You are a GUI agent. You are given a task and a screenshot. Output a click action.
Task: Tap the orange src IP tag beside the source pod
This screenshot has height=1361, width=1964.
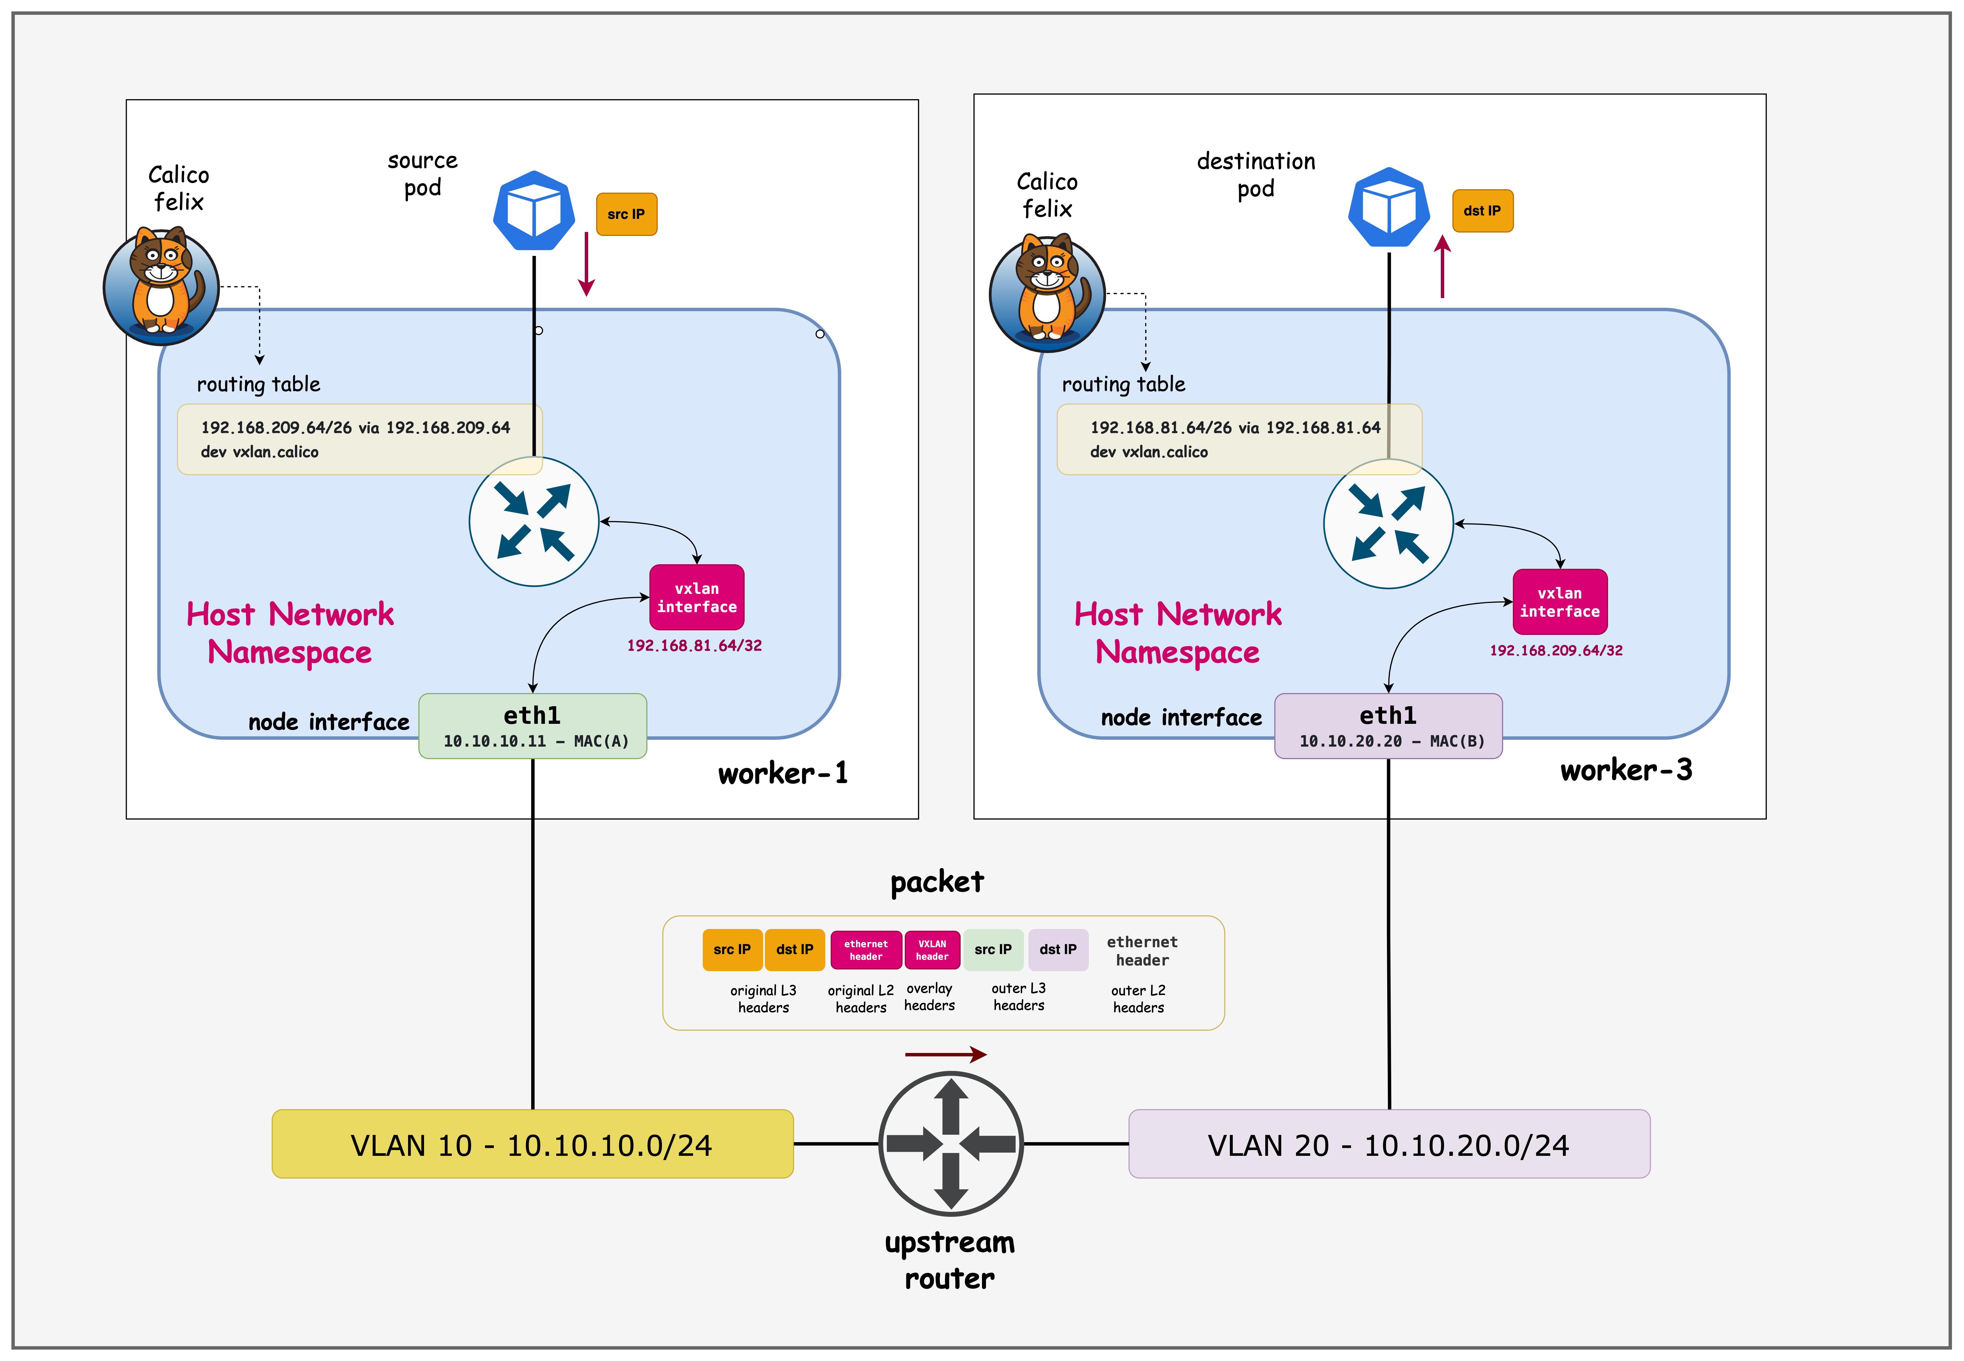[x=626, y=214]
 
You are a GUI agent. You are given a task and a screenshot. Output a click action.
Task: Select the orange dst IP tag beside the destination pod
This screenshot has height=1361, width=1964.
[x=1482, y=211]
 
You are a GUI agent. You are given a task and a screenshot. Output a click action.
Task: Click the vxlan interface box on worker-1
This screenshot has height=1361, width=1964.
[x=697, y=597]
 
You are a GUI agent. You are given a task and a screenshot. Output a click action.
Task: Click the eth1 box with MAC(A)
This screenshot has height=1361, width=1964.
[x=532, y=726]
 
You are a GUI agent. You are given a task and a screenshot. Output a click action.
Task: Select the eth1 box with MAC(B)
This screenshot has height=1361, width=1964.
[x=1388, y=726]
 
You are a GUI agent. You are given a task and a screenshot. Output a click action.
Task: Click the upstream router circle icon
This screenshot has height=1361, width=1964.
[x=951, y=1144]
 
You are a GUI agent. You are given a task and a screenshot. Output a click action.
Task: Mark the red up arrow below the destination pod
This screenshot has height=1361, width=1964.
[x=1442, y=267]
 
